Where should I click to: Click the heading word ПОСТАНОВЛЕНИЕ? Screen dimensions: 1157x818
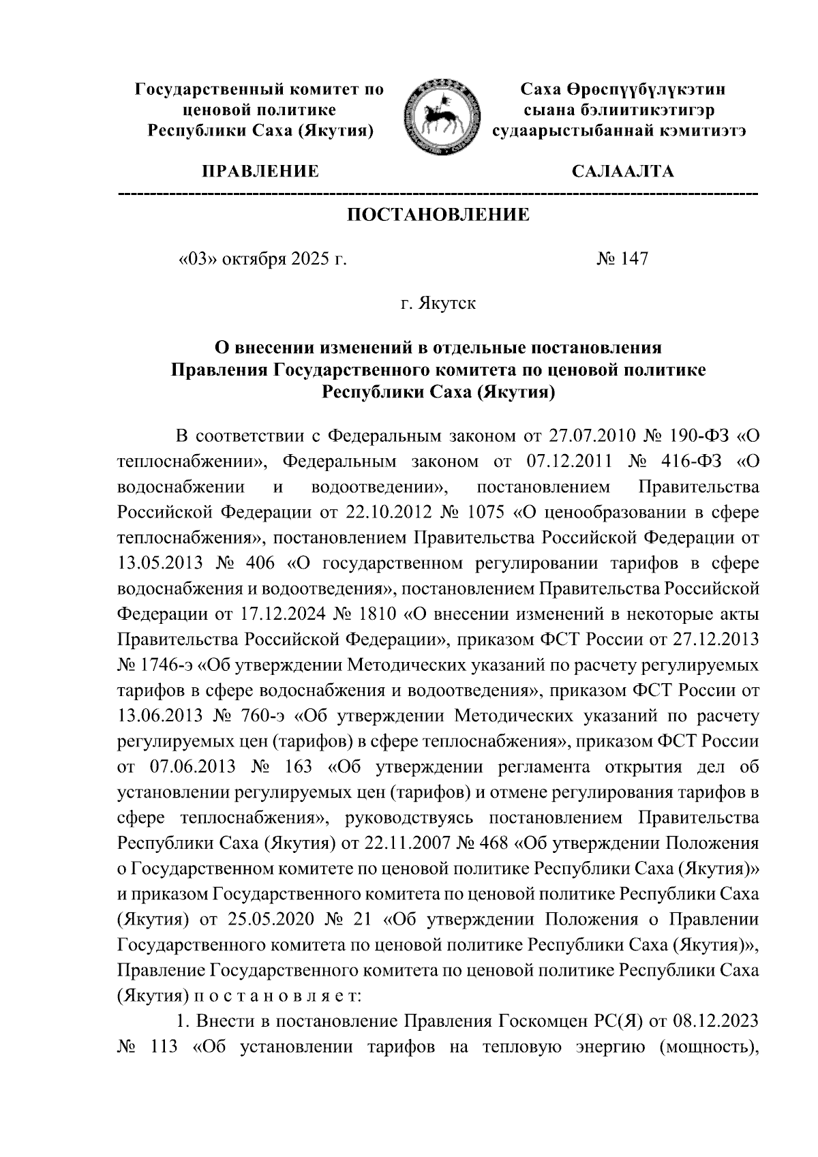(x=438, y=215)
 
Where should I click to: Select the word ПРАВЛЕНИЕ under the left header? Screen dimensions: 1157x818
(x=259, y=171)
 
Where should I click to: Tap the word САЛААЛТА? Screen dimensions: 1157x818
(x=622, y=171)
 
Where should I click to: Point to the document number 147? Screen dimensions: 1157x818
(x=631, y=259)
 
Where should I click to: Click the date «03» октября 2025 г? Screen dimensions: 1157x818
(x=262, y=259)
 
